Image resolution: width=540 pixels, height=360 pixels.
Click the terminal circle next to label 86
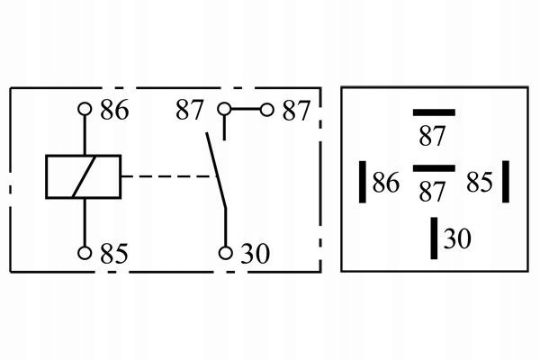coord(85,109)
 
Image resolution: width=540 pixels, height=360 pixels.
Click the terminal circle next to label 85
coord(85,253)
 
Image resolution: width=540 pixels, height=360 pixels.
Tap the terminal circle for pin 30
coord(226,253)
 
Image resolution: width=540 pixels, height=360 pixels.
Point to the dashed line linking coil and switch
coord(169,176)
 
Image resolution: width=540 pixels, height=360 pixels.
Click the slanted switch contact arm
coord(216,170)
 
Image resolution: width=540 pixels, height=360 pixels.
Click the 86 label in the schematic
coord(114,110)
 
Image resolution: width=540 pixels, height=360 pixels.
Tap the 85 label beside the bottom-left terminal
coord(114,254)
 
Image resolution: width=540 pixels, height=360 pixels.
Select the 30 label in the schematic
coord(255,254)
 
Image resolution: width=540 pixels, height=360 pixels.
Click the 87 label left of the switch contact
coord(189,110)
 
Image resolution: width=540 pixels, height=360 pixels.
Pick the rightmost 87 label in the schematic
coord(296,111)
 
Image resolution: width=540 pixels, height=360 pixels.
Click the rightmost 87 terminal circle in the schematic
coord(266,110)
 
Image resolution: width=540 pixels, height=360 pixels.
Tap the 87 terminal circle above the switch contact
coord(224,109)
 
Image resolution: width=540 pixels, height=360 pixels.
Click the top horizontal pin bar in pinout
coord(434,112)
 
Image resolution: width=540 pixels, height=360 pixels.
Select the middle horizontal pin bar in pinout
coord(434,168)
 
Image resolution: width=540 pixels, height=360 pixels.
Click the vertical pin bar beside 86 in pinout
coord(363,182)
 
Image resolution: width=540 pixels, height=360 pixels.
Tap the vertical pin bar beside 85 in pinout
coord(506,182)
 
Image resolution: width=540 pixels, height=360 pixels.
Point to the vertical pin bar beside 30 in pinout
coord(434,238)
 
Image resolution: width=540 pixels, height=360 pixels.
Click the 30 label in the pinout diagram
coord(457,238)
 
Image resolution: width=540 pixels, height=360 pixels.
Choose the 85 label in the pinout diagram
coord(480,182)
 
